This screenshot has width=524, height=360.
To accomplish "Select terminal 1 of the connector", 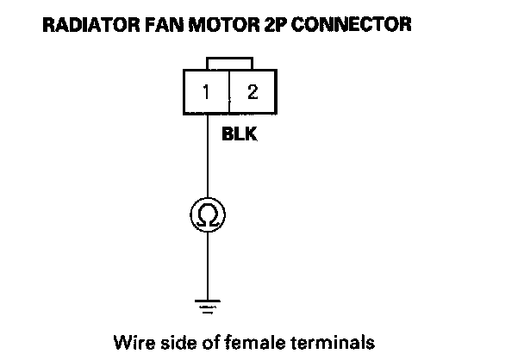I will pyautogui.click(x=207, y=92).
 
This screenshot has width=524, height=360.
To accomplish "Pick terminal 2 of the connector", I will pyautogui.click(x=252, y=92).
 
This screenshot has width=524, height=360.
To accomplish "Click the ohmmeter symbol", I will pyautogui.click(x=208, y=214).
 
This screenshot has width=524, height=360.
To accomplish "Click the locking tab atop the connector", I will pyautogui.click(x=229, y=64).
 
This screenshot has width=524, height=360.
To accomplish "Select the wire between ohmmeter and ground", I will pyautogui.click(x=208, y=263).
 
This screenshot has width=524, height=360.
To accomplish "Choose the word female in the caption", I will pyautogui.click(x=249, y=342).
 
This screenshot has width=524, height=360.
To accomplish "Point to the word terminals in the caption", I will pyautogui.click(x=333, y=342).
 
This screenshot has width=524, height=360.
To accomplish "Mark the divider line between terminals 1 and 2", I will pyautogui.click(x=229, y=92).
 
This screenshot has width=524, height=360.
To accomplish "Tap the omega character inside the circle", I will pyautogui.click(x=208, y=214).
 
